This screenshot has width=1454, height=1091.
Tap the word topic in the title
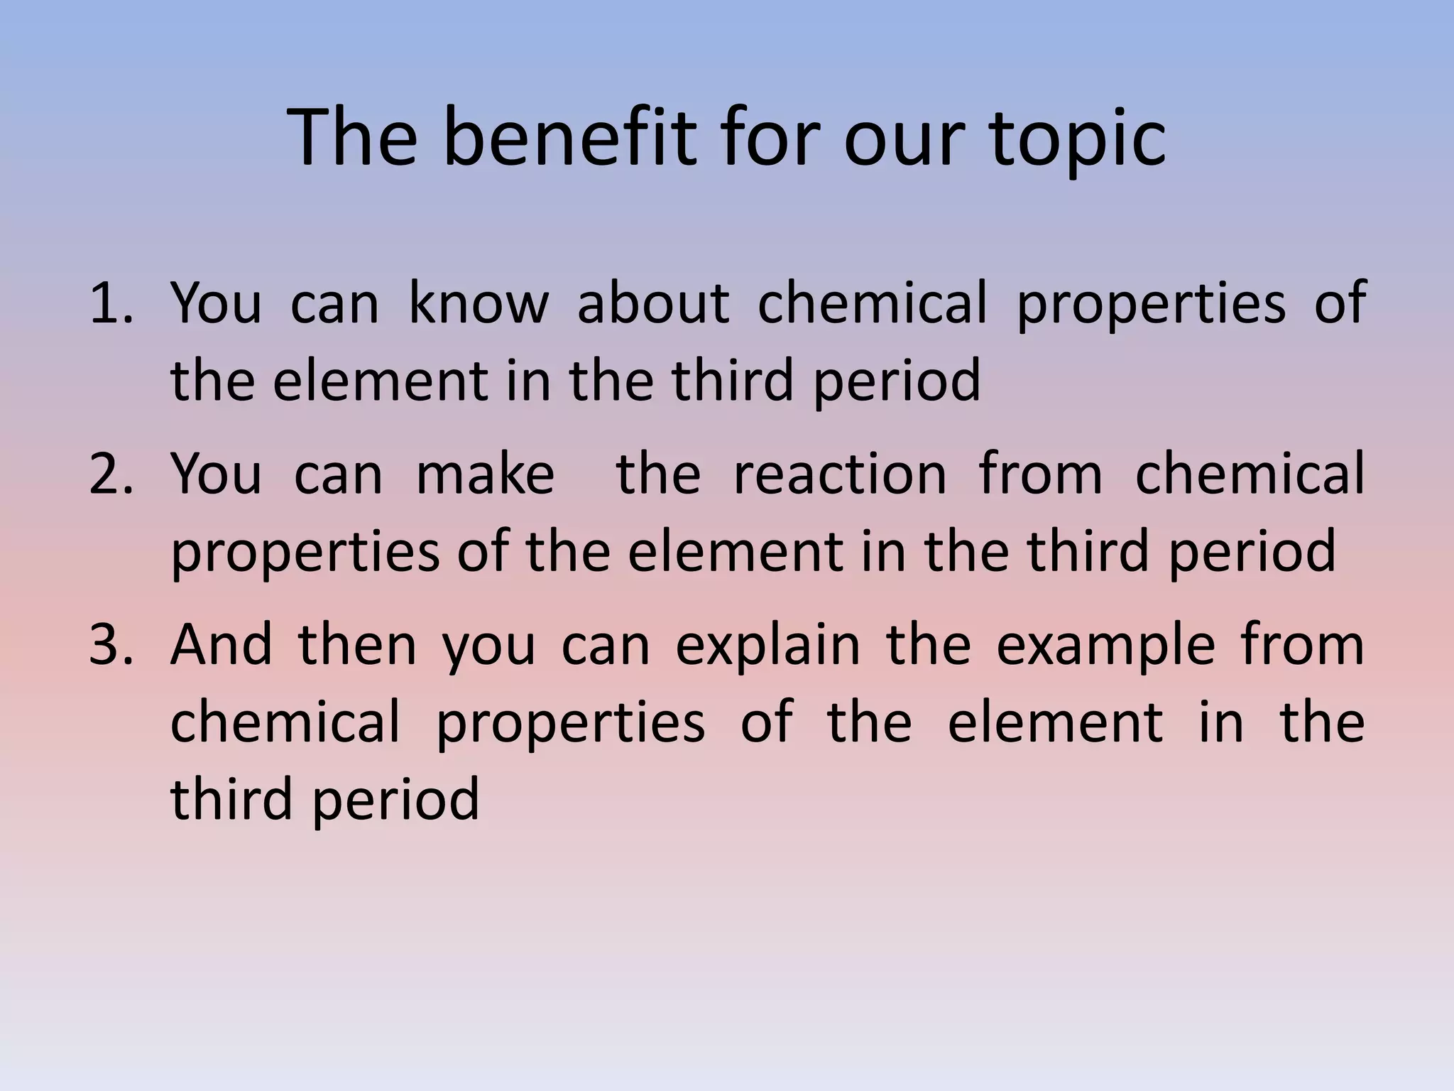click(1078, 141)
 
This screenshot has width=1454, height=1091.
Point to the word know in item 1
click(478, 303)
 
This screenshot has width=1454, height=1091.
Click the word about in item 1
click(652, 303)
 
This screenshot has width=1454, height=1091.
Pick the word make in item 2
click(485, 474)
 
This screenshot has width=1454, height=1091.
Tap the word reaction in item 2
click(840, 474)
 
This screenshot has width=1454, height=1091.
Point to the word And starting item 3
click(221, 645)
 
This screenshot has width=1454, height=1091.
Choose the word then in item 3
click(357, 645)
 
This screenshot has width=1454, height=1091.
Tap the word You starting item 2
click(216, 474)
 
